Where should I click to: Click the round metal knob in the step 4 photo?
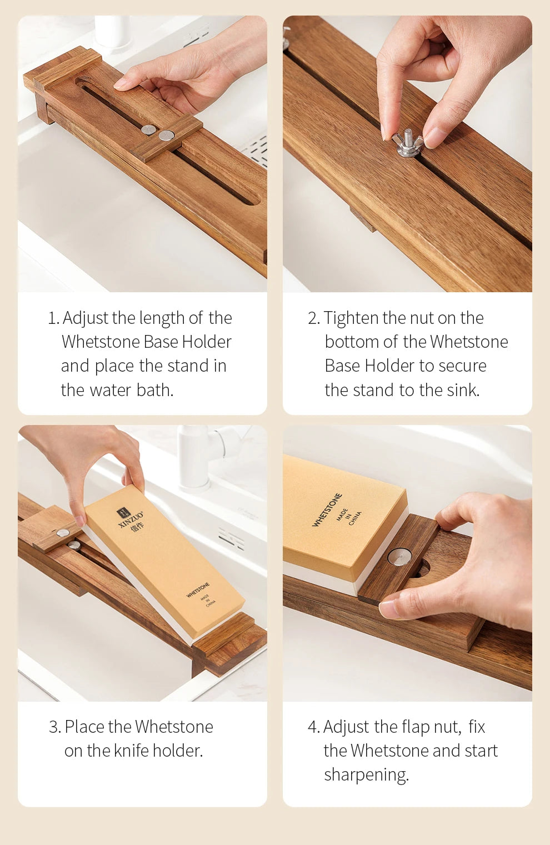[399, 557]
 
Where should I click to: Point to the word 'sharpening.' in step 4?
[366, 775]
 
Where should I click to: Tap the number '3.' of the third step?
[54, 727]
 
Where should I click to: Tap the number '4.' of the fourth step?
[314, 727]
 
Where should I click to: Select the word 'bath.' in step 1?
[155, 390]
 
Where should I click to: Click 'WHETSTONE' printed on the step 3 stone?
[198, 589]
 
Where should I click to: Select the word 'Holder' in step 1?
[207, 342]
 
